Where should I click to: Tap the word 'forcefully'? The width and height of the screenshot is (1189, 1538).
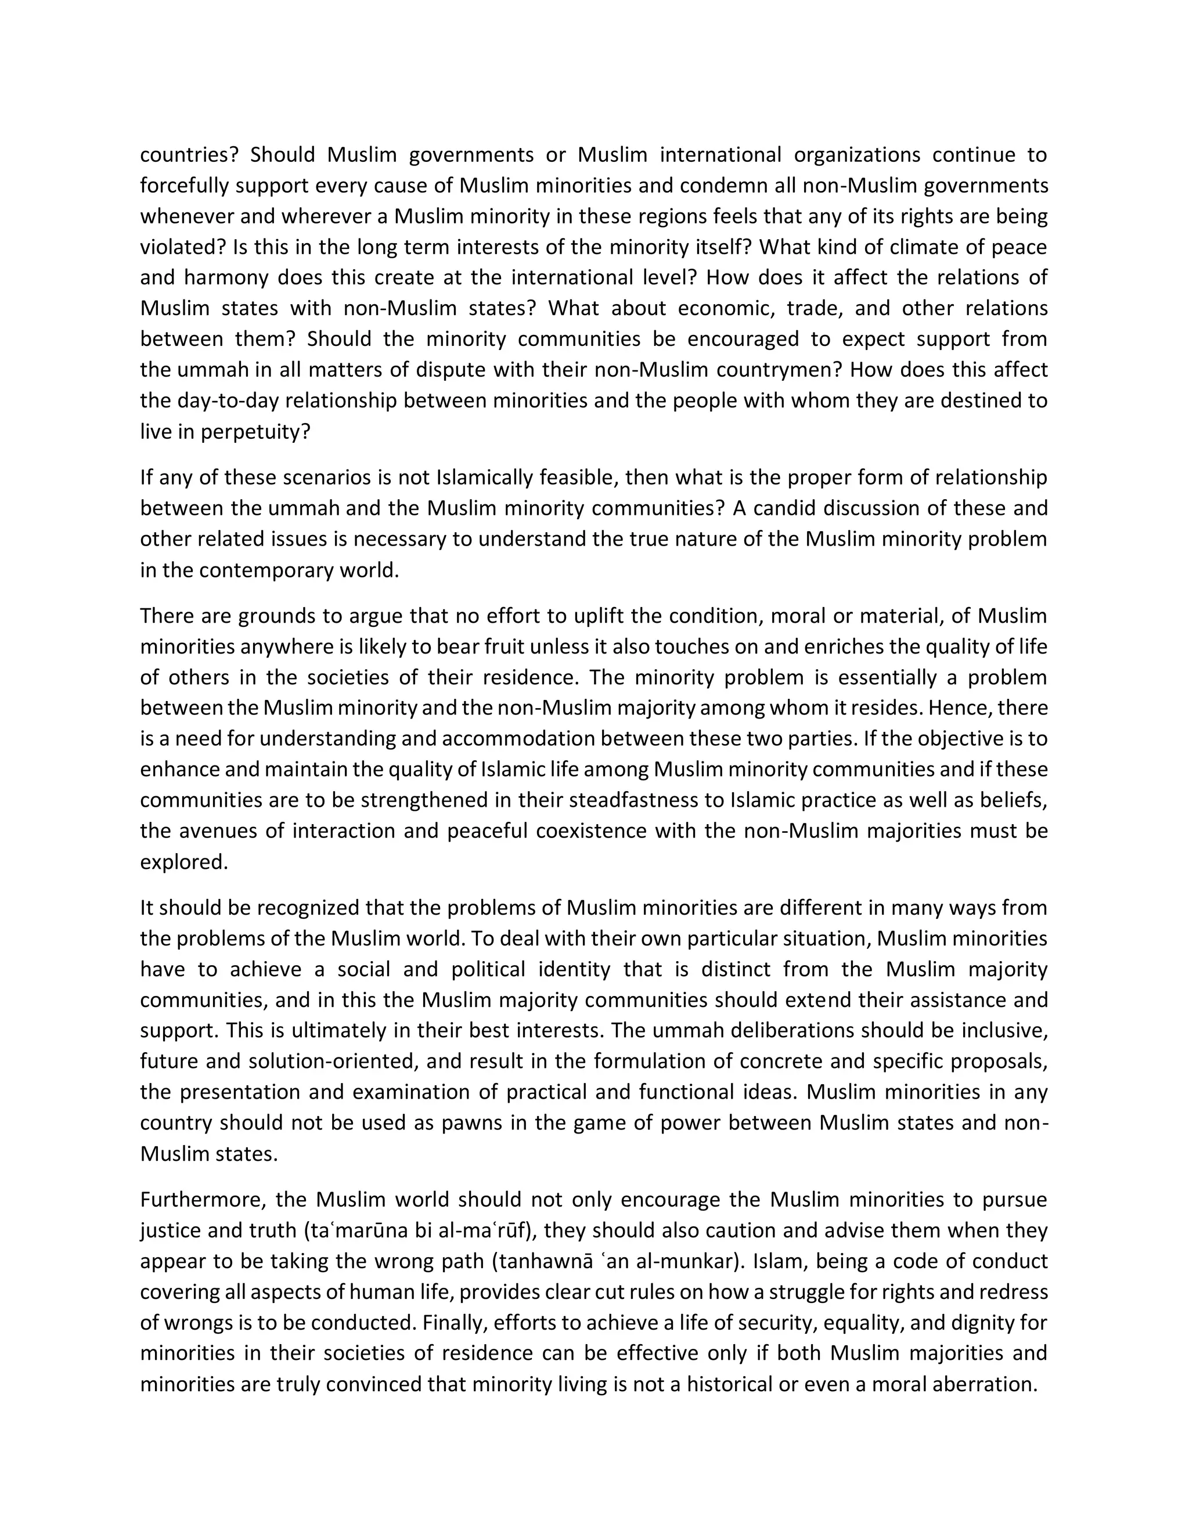click(x=185, y=185)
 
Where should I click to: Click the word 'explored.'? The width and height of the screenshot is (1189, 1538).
click(x=185, y=862)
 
